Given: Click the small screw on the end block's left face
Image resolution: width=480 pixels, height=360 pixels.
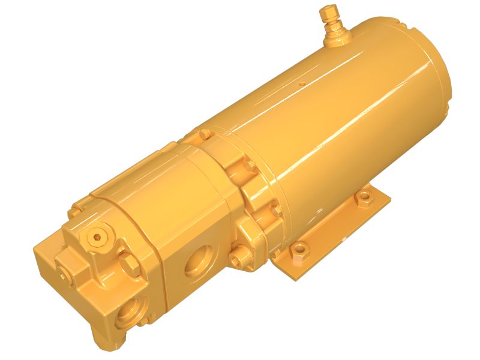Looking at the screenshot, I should pyautogui.click(x=64, y=275).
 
